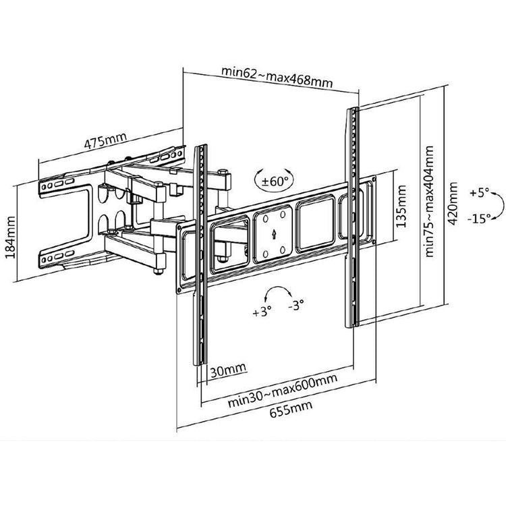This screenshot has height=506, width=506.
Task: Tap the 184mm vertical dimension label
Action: (x=12, y=242)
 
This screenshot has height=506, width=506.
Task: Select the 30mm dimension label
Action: (x=226, y=369)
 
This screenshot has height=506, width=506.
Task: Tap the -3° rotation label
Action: (x=296, y=306)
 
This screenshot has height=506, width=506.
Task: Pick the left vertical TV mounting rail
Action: (x=200, y=256)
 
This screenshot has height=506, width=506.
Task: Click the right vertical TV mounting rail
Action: (x=352, y=216)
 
